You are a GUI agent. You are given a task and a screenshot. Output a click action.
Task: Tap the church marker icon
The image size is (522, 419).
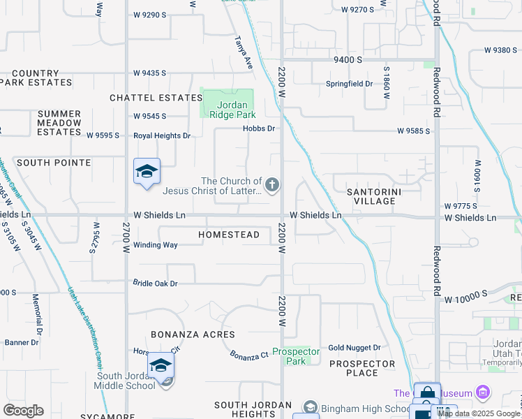tap(272, 185)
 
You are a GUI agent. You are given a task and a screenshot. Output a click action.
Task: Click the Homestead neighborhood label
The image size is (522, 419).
tap(229, 235)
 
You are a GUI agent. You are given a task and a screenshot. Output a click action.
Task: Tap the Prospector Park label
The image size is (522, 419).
tap(296, 356)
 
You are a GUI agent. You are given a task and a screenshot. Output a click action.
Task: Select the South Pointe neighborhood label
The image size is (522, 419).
tap(54, 163)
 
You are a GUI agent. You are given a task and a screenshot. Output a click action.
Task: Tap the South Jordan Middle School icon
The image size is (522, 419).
tap(160, 367)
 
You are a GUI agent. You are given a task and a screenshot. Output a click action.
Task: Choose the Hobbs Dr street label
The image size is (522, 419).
tap(259, 128)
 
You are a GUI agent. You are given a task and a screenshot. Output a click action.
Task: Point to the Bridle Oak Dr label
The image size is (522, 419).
tap(156, 284)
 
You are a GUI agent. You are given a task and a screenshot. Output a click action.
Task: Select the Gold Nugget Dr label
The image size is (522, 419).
tap(355, 348)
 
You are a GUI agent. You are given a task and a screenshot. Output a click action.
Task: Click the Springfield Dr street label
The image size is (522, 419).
tap(350, 84)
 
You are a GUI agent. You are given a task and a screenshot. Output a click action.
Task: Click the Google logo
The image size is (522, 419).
tap(24, 411)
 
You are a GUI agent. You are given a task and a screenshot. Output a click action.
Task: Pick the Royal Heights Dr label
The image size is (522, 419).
tap(163, 135)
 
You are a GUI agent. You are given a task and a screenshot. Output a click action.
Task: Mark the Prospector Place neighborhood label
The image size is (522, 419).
tap(362, 368)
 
